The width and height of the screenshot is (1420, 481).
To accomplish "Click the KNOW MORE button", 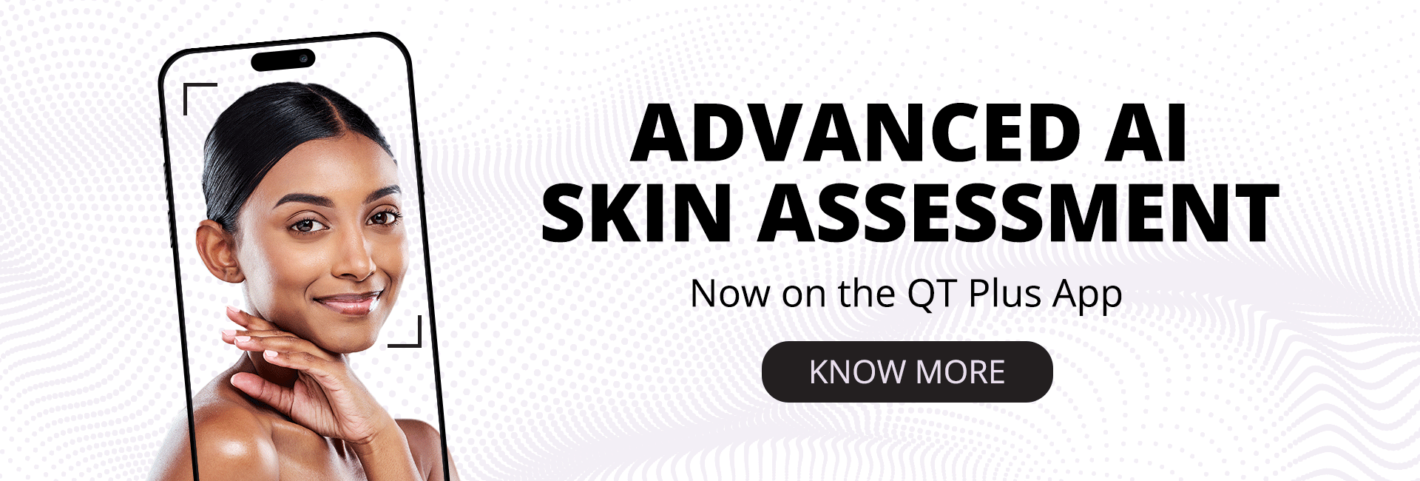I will (x=907, y=371).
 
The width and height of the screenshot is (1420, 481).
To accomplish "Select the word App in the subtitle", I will (x=1087, y=295).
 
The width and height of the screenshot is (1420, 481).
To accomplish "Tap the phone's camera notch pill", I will (x=283, y=59).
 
